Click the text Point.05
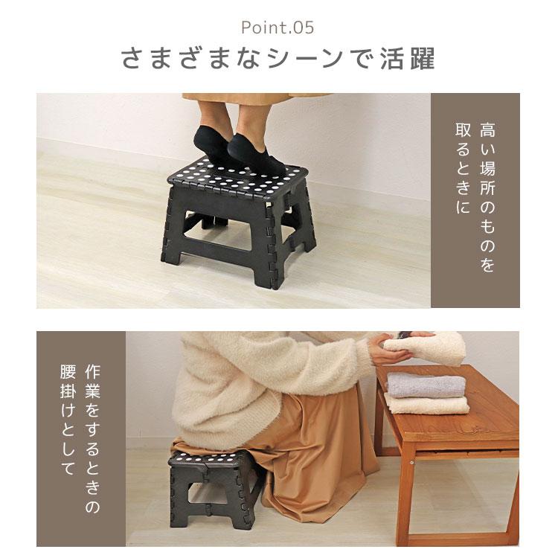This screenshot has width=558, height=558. [278, 28]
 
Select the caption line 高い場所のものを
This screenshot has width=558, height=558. [487, 196]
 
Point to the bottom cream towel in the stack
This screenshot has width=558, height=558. [429, 404]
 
